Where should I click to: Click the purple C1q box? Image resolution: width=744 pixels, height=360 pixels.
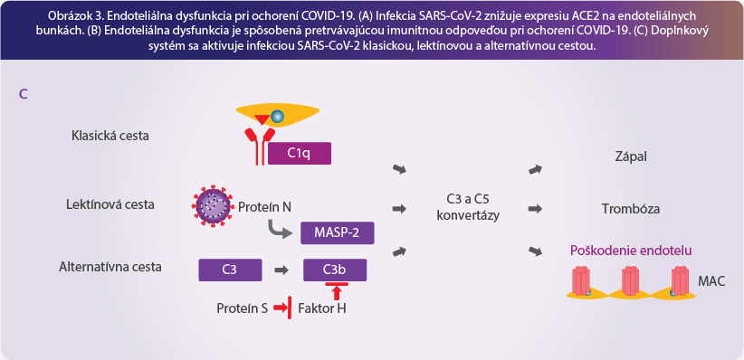point(300,154)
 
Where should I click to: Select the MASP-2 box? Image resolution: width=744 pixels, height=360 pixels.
point(338,232)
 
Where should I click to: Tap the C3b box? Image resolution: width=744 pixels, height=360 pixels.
point(335,270)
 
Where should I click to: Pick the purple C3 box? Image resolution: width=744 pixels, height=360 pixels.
point(230,270)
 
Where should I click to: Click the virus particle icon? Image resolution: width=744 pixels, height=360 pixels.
point(213,206)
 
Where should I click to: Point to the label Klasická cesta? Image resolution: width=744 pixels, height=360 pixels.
point(110,136)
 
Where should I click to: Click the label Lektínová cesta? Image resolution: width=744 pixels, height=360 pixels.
point(110,205)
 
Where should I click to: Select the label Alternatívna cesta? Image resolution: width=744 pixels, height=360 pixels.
point(110,267)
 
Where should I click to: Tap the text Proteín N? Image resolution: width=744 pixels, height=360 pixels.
point(264,207)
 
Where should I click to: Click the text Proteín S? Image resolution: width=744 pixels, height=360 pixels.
point(243,308)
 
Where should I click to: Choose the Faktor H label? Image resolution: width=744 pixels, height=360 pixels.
point(322,308)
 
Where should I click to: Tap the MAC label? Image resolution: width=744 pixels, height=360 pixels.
point(711,281)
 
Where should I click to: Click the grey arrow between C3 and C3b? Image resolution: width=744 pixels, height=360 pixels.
point(281,270)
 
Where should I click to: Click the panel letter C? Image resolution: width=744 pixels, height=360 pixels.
point(23,94)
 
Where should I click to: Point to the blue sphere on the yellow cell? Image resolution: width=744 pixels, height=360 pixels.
point(276,116)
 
